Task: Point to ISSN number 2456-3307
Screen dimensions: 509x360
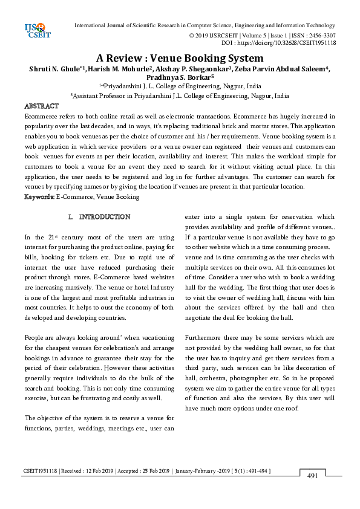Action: tap(320, 35)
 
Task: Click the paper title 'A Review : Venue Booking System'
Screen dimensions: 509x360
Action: tap(180, 59)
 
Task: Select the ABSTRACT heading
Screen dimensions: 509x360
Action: tap(41, 106)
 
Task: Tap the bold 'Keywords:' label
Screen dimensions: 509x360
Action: tap(39, 196)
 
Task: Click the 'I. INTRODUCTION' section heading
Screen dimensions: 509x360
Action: tap(99, 216)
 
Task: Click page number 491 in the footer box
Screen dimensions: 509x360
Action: tap(312, 476)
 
